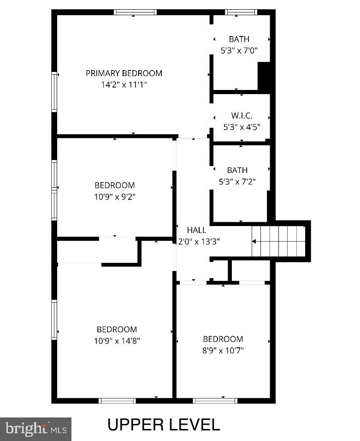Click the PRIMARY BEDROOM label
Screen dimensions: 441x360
tap(124, 73)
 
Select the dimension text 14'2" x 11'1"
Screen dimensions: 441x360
tap(124, 84)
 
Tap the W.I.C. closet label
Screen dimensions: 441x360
tap(242, 116)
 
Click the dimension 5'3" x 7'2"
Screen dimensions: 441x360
tap(237, 182)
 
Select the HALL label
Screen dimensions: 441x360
tap(196, 230)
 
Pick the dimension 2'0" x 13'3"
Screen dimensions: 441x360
tap(199, 241)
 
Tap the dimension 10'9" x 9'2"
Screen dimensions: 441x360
tap(115, 197)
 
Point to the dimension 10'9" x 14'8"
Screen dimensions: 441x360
tap(117, 341)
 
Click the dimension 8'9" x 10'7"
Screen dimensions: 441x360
tap(223, 350)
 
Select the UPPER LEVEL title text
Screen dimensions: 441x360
tap(164, 424)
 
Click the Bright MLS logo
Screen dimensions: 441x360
tap(36, 429)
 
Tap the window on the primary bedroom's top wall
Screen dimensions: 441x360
tap(135, 12)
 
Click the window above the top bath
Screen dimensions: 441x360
tap(241, 12)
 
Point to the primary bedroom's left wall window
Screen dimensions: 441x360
tap(54, 92)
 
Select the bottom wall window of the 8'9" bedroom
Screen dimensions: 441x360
tap(215, 400)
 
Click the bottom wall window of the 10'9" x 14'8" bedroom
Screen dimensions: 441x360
tap(118, 400)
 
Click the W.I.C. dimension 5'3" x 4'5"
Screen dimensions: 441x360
tap(242, 127)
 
